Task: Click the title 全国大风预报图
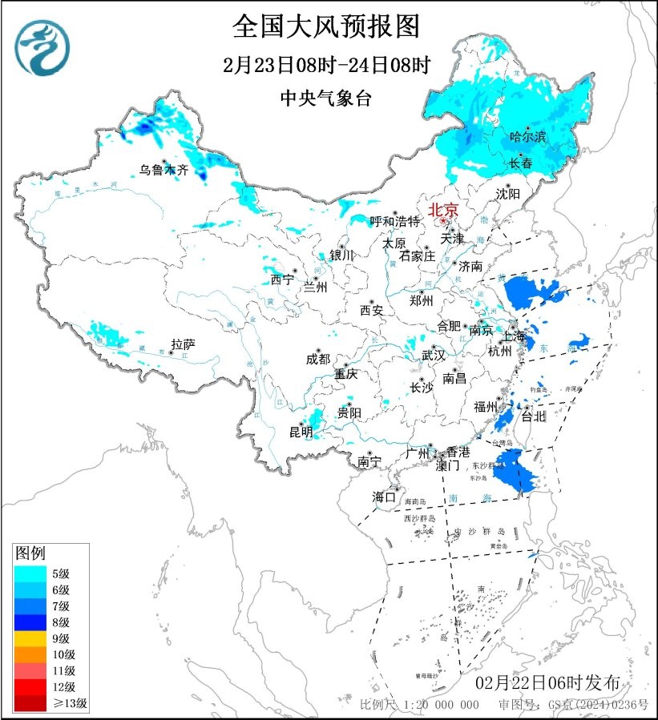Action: pyautogui.click(x=326, y=26)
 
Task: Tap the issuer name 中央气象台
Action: pyautogui.click(x=326, y=99)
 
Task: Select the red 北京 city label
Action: pyautogui.click(x=443, y=210)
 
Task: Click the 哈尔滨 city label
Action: pyautogui.click(x=528, y=138)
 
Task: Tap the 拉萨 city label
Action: pyautogui.click(x=182, y=344)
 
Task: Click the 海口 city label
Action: pyautogui.click(x=384, y=497)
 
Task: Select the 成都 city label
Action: pyautogui.click(x=317, y=360)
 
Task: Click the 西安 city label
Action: pyautogui.click(x=372, y=309)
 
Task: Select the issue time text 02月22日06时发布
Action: pyautogui.click(x=547, y=683)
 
